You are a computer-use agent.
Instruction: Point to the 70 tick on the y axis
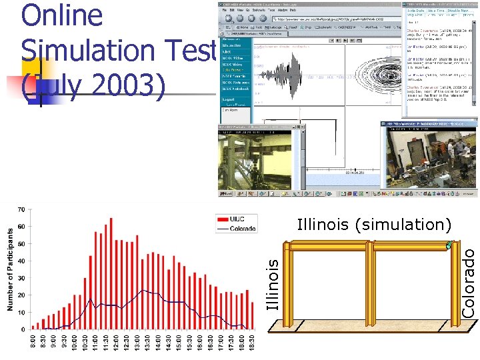click(x=21, y=210)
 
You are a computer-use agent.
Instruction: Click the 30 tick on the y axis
click(x=21, y=278)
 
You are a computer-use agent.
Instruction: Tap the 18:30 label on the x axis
click(x=252, y=341)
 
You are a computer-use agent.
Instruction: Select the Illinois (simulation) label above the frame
click(x=374, y=225)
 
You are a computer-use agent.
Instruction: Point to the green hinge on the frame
click(x=449, y=245)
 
